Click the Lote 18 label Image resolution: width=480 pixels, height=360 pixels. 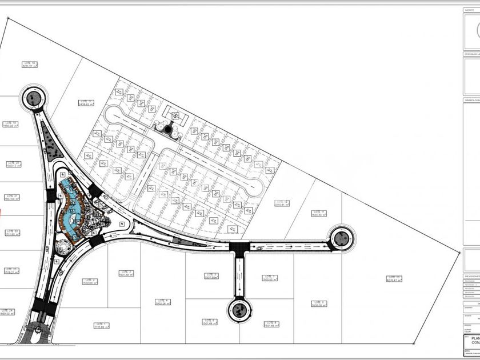pos(29,64)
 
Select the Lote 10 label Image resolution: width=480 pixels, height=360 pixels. pos(394,279)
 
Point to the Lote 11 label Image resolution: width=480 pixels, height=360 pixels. pos(319,214)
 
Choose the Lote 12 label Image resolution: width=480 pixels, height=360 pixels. pos(282,203)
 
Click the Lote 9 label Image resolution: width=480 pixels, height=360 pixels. pos(318,303)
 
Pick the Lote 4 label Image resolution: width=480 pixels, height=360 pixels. pos(163,302)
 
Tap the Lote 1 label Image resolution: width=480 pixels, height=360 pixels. pos(101,325)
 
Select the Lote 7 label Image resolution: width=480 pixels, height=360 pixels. pos(270,278)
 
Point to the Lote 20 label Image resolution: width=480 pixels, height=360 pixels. pos(13,165)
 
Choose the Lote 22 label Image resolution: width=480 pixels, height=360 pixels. pos(13,233)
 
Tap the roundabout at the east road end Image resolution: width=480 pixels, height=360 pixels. pos(342,237)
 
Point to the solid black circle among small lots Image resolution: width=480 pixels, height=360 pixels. pos(168,130)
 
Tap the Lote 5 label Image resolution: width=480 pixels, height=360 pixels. pos(211,276)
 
